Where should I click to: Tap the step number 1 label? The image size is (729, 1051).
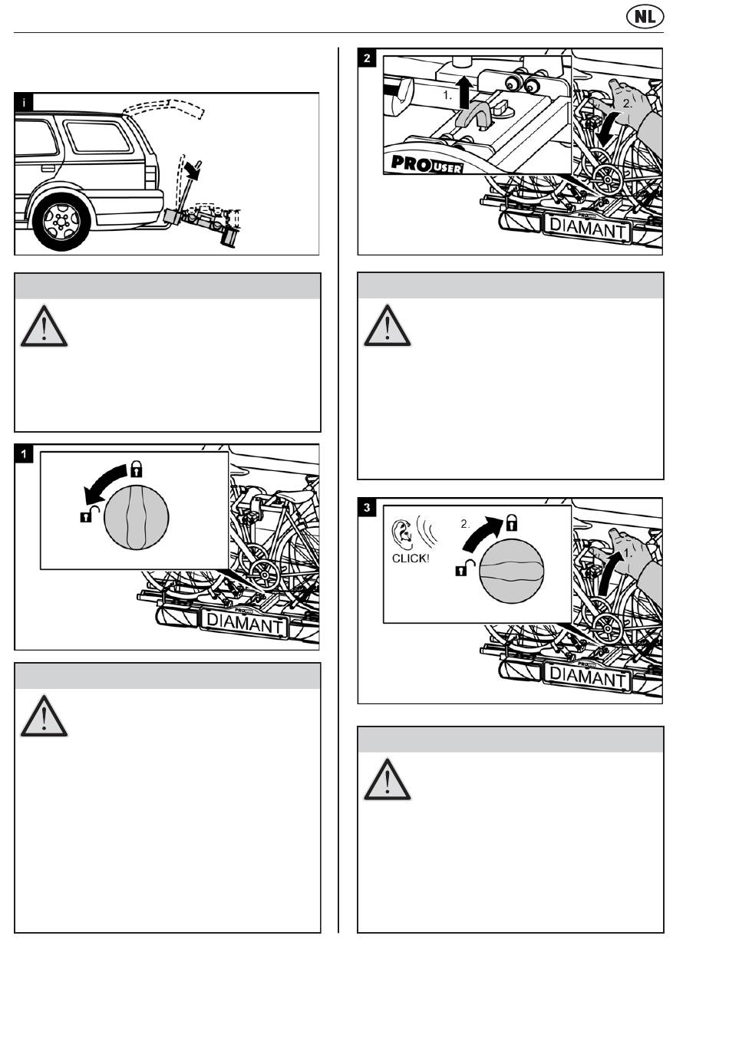click(24, 454)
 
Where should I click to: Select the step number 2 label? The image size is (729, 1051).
click(368, 58)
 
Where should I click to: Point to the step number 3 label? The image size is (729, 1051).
click(368, 507)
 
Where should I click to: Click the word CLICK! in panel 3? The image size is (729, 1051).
click(411, 558)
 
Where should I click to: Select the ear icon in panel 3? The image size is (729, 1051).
click(401, 531)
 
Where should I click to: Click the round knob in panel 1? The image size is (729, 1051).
click(136, 517)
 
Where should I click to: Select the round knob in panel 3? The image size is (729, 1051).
click(511, 570)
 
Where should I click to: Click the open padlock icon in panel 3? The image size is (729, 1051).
click(465, 568)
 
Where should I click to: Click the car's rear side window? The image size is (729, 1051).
click(99, 136)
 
